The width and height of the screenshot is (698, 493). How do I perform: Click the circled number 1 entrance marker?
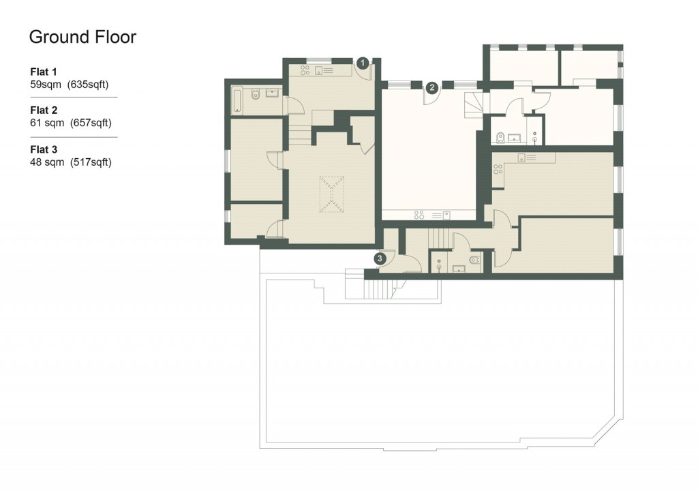363,63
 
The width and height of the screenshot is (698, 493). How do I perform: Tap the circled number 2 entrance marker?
431,87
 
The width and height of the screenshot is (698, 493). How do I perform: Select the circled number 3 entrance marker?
380,258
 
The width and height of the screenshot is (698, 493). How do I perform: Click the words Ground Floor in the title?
82,37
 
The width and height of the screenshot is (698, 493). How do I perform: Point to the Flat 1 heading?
44,72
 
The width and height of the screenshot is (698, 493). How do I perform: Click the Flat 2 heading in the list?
44,110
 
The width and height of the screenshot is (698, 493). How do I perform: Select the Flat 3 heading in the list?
44,149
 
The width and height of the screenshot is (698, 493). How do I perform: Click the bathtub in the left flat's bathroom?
237,100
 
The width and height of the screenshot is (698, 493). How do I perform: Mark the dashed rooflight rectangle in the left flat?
333,194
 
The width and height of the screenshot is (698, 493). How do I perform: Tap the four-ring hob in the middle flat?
420,215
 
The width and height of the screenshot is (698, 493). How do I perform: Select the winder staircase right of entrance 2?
472,104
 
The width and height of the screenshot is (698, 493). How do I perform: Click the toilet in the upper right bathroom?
501,138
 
